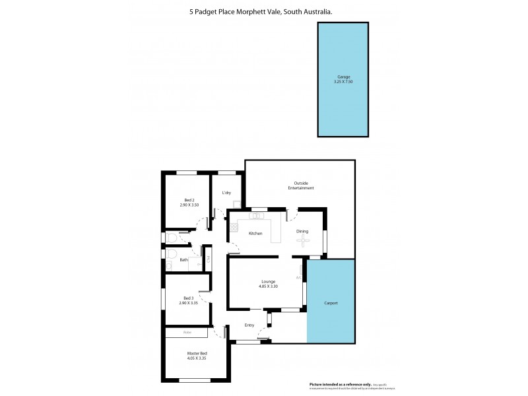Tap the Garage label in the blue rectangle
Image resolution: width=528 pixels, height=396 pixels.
345,77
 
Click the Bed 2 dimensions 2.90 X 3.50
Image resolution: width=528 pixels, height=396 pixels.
189,205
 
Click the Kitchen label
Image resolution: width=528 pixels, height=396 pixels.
255,234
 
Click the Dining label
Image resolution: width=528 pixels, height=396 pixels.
302,231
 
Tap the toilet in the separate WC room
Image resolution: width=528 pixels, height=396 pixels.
171,238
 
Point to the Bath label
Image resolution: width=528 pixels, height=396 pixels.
183,260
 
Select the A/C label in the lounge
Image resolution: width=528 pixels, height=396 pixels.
299,277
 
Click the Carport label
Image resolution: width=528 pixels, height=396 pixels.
331,303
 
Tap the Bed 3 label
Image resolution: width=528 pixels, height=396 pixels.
189,298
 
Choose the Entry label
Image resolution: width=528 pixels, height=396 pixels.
249,325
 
